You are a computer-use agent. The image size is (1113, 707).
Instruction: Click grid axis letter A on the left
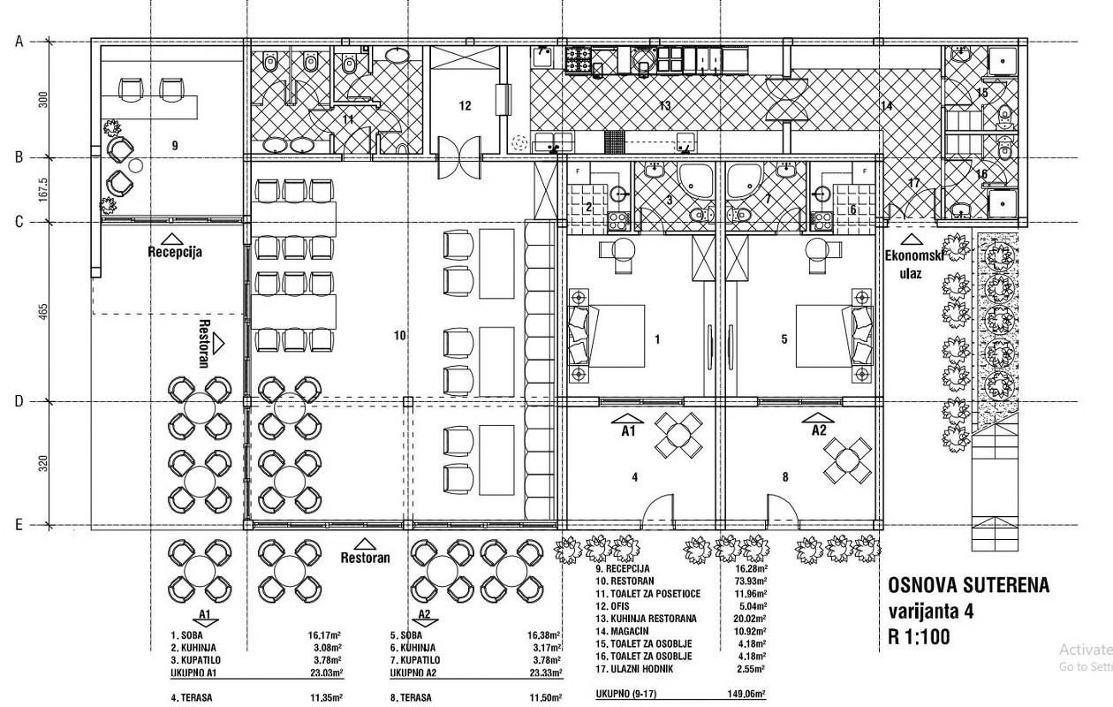(x=19, y=42)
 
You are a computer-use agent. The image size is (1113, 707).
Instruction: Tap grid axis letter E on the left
(x=19, y=525)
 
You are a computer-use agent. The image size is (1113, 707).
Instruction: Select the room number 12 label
(x=466, y=105)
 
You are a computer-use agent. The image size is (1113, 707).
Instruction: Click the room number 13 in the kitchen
(x=665, y=105)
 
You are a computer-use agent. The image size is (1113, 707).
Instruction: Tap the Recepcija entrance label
(x=175, y=251)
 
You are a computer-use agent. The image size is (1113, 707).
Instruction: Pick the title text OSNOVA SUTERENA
(x=968, y=585)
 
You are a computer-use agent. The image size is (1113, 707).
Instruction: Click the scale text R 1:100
(x=920, y=636)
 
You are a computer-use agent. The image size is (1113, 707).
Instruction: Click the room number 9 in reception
(x=175, y=145)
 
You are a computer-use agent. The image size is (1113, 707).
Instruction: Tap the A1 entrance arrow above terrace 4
(x=629, y=423)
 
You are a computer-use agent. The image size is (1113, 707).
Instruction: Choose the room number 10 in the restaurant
(x=399, y=335)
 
